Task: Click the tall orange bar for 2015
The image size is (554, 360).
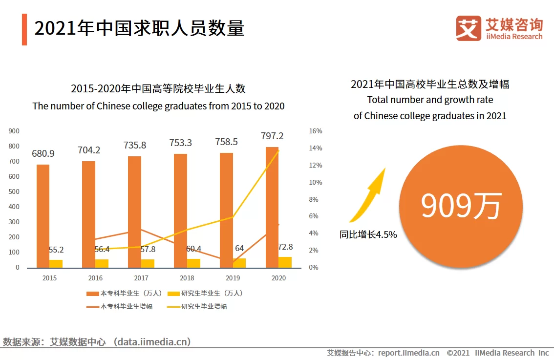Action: click(x=43, y=216)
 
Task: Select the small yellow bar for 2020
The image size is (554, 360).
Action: click(x=285, y=262)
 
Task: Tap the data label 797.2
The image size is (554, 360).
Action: click(x=272, y=136)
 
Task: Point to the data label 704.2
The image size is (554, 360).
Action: click(x=89, y=150)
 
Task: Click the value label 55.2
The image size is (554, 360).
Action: click(x=56, y=250)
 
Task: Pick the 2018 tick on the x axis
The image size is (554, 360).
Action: click(x=187, y=278)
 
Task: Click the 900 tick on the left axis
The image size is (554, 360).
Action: click(x=14, y=131)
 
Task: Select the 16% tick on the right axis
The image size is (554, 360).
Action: click(x=316, y=131)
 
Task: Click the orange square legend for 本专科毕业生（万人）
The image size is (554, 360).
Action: click(x=93, y=294)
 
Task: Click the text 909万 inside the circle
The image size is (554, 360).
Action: click(x=461, y=206)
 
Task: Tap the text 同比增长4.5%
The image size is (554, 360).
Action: click(x=368, y=234)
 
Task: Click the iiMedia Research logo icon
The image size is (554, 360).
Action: click(x=469, y=28)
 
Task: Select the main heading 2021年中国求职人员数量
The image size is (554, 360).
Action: click(x=139, y=28)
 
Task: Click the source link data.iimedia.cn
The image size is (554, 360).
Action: click(x=151, y=341)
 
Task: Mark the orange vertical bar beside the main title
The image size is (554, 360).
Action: click(x=24, y=29)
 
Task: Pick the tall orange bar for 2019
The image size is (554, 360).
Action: click(x=226, y=210)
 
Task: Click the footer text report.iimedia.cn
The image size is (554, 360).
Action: click(x=408, y=353)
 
